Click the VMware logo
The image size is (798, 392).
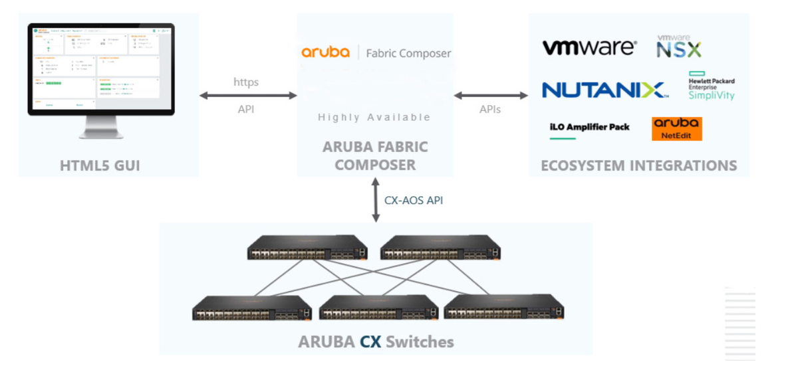pyautogui.click(x=589, y=48)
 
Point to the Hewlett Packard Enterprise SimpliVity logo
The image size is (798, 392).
pyautogui.click(x=711, y=86)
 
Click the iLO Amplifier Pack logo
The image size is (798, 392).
pyautogui.click(x=589, y=128)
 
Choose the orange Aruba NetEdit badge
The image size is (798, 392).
pyautogui.click(x=676, y=129)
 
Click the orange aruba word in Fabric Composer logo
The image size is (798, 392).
pyautogui.click(x=325, y=52)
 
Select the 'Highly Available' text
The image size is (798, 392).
pyautogui.click(x=374, y=117)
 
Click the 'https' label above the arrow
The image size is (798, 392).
pyautogui.click(x=246, y=82)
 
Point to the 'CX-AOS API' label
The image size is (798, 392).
pyautogui.click(x=414, y=200)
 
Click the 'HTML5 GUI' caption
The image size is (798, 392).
pyautogui.click(x=100, y=165)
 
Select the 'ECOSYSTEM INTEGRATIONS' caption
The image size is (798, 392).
pyautogui.click(x=638, y=165)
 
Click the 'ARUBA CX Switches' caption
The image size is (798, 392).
pyautogui.click(x=376, y=342)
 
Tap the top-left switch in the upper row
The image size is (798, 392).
pyautogui.click(x=307, y=248)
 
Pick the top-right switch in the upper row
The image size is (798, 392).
pyautogui.click(x=440, y=248)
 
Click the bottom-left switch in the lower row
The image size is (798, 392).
pyautogui.click(x=252, y=308)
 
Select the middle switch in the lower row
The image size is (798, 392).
pyautogui.click(x=377, y=308)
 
